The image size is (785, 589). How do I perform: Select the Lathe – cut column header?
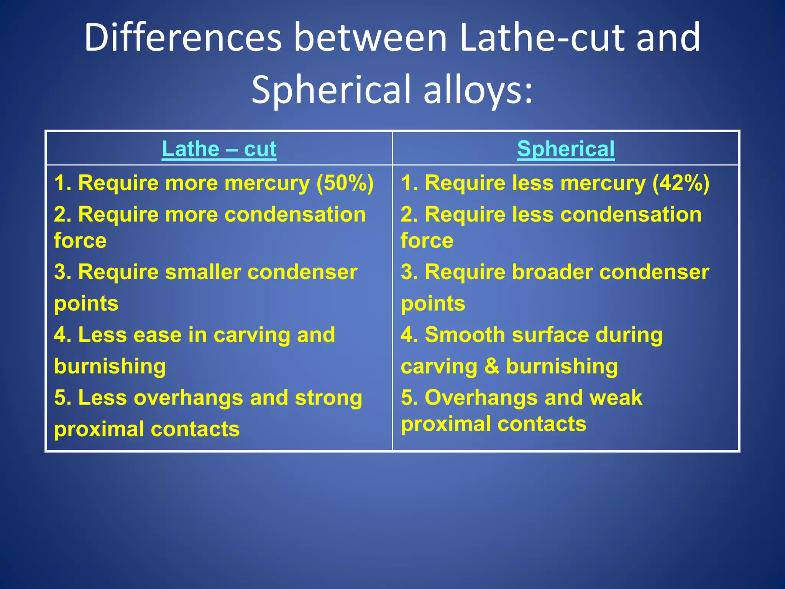point(219,149)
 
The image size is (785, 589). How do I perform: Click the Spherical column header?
point(565,149)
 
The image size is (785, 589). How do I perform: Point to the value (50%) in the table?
point(345,183)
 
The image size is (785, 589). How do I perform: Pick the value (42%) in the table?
point(681,183)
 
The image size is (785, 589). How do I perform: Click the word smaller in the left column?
point(203,272)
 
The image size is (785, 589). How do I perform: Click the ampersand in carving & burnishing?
point(491,366)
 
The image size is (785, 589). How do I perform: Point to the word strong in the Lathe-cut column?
point(328,398)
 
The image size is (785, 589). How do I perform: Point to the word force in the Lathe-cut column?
point(80,241)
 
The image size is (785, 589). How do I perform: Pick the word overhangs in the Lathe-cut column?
point(188,398)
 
